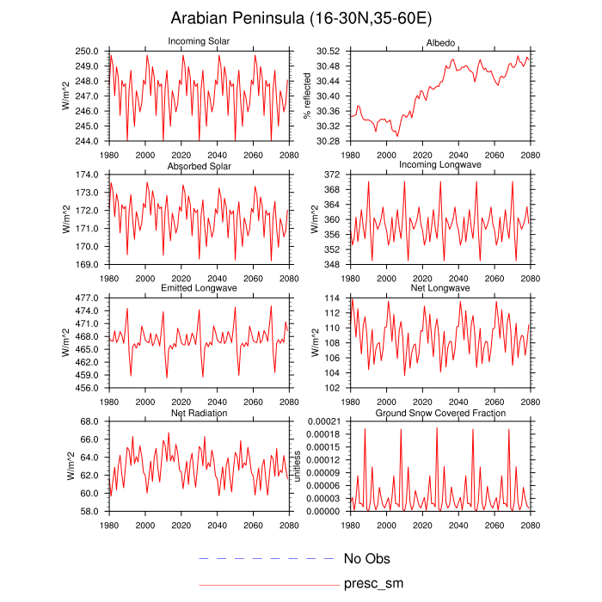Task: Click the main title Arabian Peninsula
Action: tap(300, 18)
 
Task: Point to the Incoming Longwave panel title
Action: tap(439, 165)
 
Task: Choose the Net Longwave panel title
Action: tap(439, 289)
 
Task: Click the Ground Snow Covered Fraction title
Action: tap(439, 413)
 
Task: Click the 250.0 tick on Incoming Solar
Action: tap(89, 52)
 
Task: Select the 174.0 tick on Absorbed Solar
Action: tap(89, 175)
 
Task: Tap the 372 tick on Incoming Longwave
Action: tap(336, 175)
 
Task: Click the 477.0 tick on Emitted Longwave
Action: tap(89, 298)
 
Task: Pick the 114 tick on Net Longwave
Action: tap(336, 298)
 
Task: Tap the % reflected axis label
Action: tap(306, 95)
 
